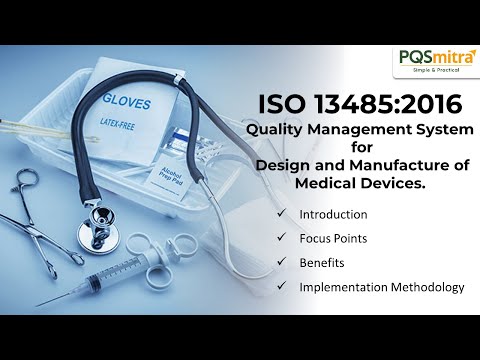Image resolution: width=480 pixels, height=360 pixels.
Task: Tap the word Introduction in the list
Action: pyautogui.click(x=333, y=214)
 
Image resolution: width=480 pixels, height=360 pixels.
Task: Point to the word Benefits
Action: pyautogui.click(x=321, y=263)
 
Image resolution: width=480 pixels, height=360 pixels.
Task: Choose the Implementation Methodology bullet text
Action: pyautogui.click(x=381, y=287)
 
